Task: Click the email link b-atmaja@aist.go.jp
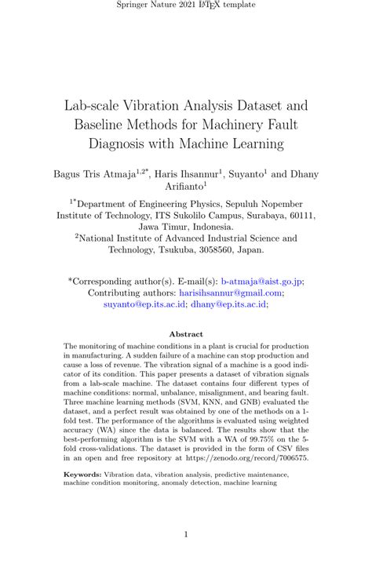(x=263, y=280)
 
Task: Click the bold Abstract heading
(x=186, y=333)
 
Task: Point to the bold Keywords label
(x=82, y=475)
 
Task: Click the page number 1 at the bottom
(x=186, y=536)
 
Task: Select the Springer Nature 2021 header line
(x=186, y=8)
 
